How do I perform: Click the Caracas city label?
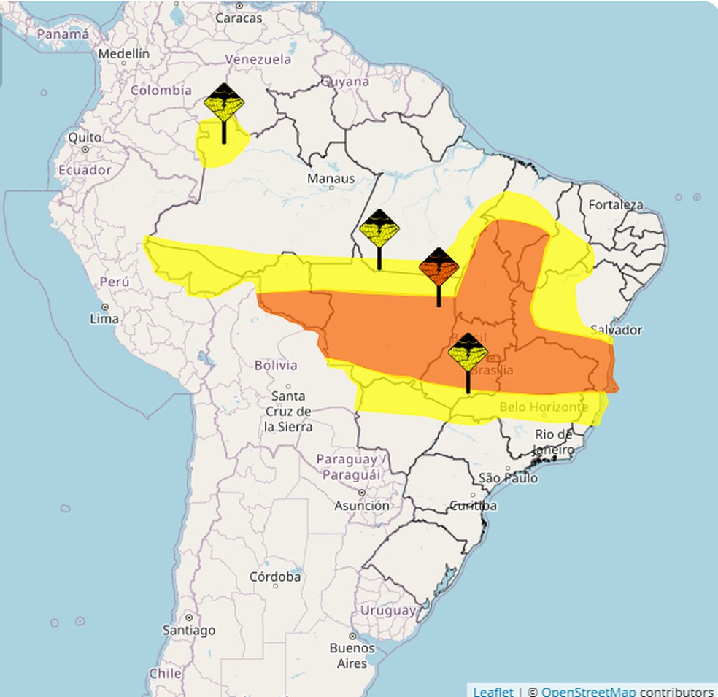[239, 18]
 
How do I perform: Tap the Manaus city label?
[331, 179]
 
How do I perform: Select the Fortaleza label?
[616, 204]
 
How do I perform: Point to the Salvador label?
[616, 330]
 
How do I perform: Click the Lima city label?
[103, 318]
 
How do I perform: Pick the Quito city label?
[85, 137]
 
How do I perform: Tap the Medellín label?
[123, 54]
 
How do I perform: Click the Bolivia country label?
[276, 365]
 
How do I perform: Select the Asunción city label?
[362, 505]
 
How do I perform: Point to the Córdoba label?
[275, 577]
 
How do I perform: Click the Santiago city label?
[189, 629]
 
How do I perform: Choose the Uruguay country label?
[388, 610]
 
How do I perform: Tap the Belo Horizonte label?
[543, 407]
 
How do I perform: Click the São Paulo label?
[509, 478]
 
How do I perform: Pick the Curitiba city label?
[473, 505]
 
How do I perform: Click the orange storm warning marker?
[439, 268]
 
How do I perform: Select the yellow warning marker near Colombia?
[224, 104]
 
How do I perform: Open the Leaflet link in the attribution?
[493, 690]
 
